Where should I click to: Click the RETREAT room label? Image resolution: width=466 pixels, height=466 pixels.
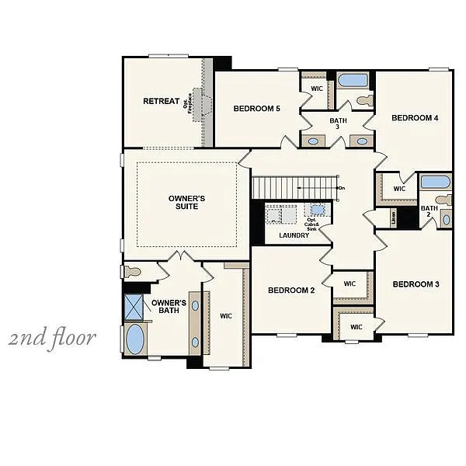[x=161, y=101]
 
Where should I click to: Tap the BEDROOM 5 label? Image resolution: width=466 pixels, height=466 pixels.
[x=256, y=109]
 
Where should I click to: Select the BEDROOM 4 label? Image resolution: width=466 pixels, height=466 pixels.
[x=415, y=118]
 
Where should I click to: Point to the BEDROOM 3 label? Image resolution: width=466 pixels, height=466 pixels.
[x=416, y=284]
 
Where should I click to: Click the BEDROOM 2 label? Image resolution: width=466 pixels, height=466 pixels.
[x=291, y=290]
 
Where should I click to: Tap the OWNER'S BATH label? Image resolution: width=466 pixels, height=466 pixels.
[x=169, y=307]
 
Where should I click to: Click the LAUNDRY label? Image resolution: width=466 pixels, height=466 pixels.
[x=294, y=235]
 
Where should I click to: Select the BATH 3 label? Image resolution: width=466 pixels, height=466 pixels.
[x=338, y=124]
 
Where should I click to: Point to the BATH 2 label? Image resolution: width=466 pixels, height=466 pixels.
[x=429, y=212]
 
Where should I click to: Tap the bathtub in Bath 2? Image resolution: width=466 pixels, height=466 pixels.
[x=435, y=183]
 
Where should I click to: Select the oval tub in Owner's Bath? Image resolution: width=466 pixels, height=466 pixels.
[x=135, y=339]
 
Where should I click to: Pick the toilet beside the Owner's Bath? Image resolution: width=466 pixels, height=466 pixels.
[x=131, y=272]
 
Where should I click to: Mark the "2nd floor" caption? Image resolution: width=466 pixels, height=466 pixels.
[x=53, y=338]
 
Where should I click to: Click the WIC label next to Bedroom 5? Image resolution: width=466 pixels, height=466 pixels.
[x=317, y=89]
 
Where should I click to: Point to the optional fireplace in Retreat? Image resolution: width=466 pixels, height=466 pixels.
[x=201, y=103]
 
